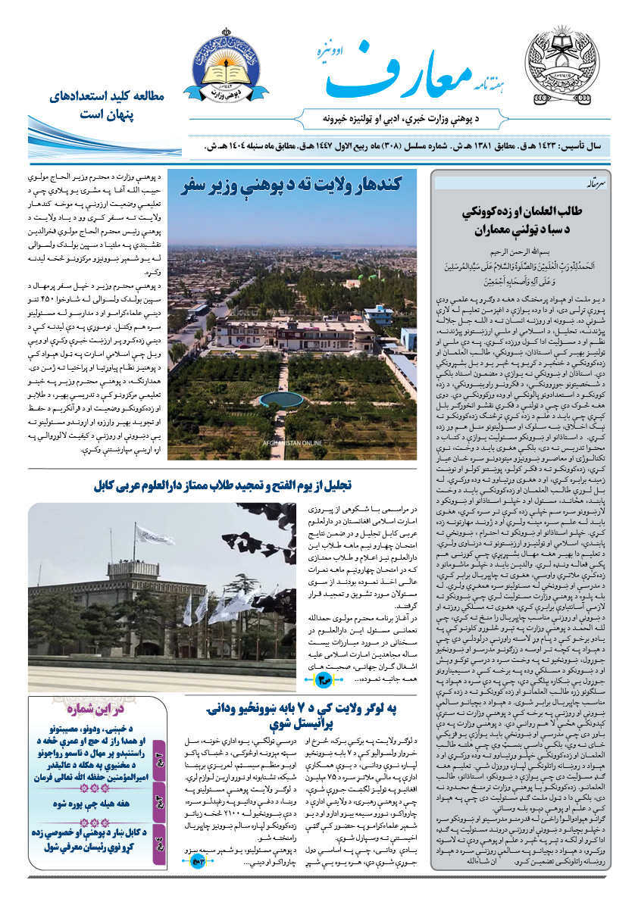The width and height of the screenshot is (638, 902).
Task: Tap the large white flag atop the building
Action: [x=154, y=535]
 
